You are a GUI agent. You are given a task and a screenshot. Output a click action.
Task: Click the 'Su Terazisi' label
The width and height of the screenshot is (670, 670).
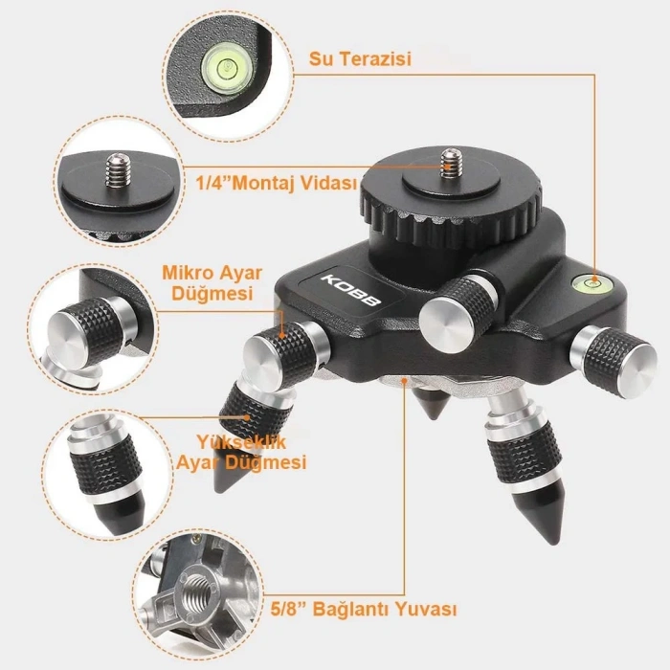tap(360, 59)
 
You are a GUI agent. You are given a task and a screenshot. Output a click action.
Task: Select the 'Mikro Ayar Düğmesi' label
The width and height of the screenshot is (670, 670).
tap(212, 283)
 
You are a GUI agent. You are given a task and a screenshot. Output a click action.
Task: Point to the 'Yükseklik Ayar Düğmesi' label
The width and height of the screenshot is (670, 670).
tap(241, 452)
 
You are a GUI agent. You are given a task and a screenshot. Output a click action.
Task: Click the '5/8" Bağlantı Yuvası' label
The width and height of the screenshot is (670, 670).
tap(364, 609)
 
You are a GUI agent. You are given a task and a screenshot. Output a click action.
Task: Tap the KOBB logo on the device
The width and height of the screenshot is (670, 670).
tap(350, 290)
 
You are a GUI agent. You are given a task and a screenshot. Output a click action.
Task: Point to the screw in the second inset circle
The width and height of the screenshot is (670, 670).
tap(119, 170)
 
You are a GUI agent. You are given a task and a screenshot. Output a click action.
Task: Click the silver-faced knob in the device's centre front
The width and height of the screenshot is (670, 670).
tap(458, 313)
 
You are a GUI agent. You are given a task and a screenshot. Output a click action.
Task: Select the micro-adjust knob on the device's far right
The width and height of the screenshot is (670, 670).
tap(614, 361)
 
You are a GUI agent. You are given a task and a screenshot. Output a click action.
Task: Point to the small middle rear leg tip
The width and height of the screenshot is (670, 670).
tap(435, 403)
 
